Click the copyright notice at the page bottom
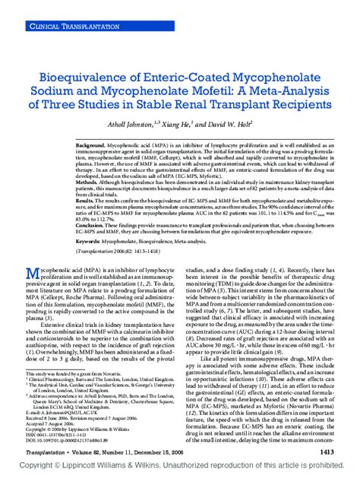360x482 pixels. click(180, 471)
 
